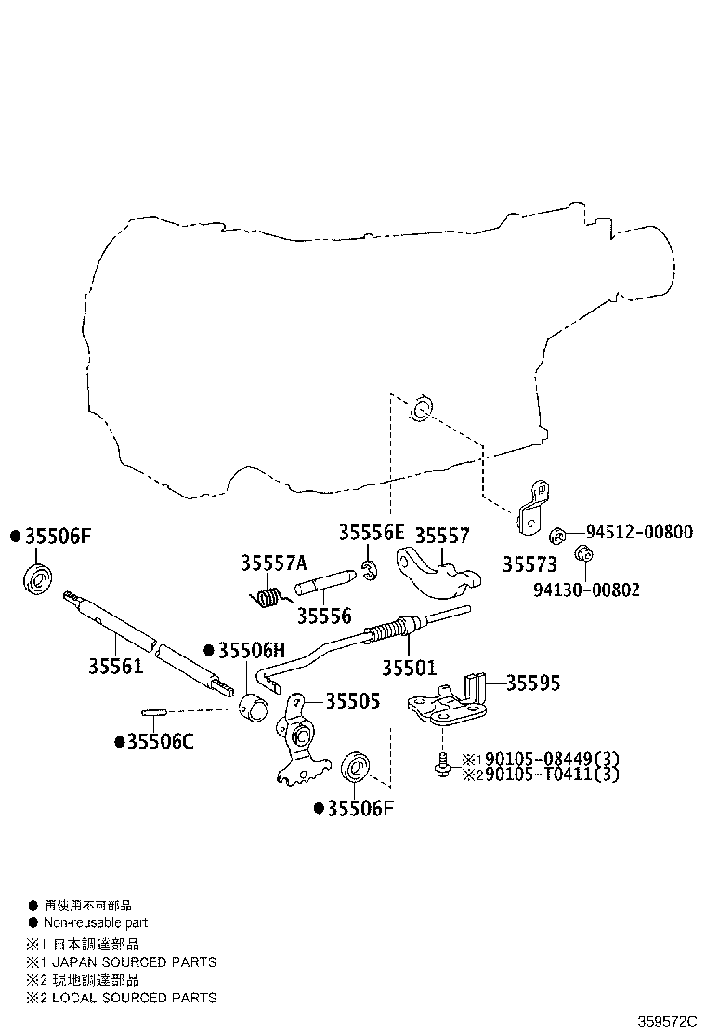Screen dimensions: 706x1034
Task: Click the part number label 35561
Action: point(116,667)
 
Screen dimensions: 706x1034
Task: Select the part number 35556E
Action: point(372,532)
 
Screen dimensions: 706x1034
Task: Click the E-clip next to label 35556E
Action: point(370,570)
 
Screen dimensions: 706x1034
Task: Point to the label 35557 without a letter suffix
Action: point(442,535)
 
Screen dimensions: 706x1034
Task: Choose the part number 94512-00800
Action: point(639,532)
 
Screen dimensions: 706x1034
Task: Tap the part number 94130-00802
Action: point(586,590)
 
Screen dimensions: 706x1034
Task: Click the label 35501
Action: point(409,668)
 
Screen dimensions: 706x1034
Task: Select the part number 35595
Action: point(533,683)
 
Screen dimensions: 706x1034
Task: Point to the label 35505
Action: point(353,701)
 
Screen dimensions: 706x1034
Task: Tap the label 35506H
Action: point(252,651)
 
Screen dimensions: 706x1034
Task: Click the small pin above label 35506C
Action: point(152,711)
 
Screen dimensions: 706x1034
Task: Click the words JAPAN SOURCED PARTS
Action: point(134,962)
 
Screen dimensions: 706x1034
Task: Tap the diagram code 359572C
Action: point(666,1022)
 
